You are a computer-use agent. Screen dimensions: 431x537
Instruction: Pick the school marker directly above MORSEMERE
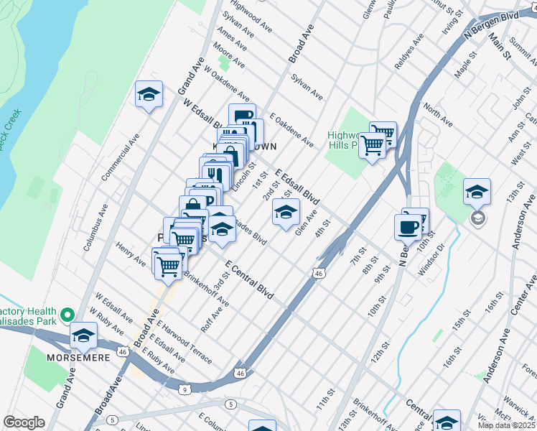[x=83, y=335]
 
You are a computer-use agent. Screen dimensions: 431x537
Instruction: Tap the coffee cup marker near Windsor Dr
[x=408, y=226]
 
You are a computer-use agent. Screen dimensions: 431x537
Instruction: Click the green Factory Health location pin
[x=67, y=315]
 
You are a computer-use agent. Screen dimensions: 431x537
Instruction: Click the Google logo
[x=24, y=422]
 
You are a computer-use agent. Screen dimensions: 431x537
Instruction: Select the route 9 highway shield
[x=185, y=389]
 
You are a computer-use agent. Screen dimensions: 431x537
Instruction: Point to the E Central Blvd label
[x=250, y=281]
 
